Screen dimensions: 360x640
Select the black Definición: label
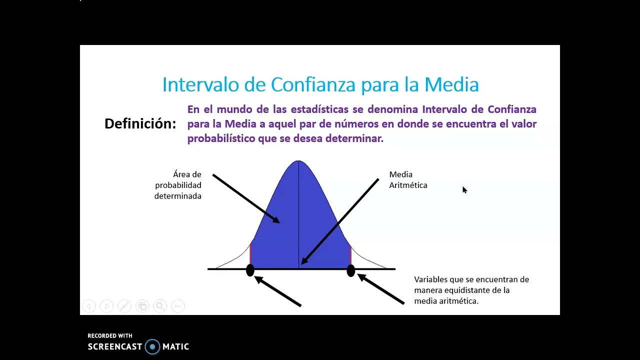click(140, 124)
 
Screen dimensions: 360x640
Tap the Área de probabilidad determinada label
click(178, 185)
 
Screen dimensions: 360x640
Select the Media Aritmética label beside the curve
click(408, 180)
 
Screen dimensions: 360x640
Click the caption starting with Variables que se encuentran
click(471, 290)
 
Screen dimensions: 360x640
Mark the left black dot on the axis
click(250, 270)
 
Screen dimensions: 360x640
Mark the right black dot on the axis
click(350, 270)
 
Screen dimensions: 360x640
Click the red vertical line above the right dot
click(350, 255)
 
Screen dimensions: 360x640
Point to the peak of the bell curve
click(298, 161)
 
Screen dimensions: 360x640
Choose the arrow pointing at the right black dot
click(381, 289)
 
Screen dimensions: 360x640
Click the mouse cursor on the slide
click(464, 190)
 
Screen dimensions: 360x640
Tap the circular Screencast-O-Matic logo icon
click(152, 346)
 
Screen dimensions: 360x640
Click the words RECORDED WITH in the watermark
click(109, 336)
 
